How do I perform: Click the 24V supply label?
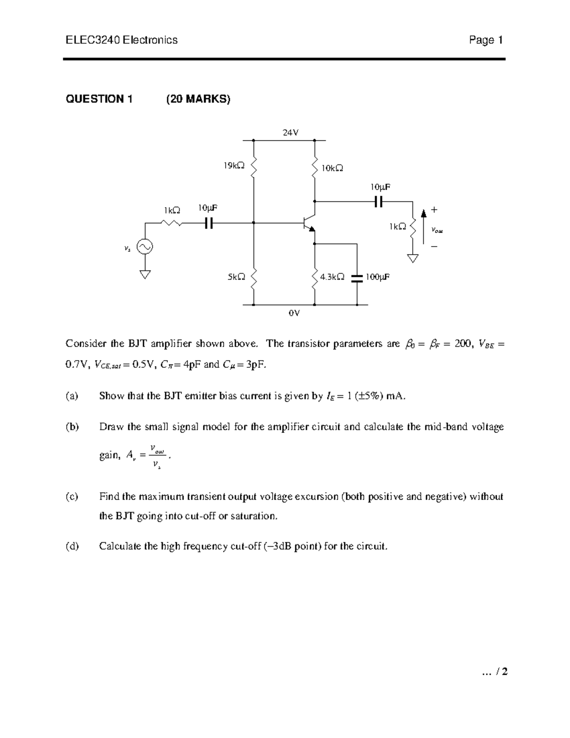coord(290,133)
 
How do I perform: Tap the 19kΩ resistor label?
coord(234,165)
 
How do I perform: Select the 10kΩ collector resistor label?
coord(332,168)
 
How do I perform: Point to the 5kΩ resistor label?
coord(236,277)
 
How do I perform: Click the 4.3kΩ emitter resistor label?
coord(332,277)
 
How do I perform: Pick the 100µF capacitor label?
coord(377,277)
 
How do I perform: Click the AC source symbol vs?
coord(144,246)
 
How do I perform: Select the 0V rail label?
coord(294,313)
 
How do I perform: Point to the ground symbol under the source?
coord(144,274)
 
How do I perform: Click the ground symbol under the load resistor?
coord(413,259)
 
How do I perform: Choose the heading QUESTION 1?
coord(99,99)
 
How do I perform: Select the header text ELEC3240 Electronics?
coord(122,40)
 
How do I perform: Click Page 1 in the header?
coord(485,40)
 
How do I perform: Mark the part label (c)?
coord(72,497)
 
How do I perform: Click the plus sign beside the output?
coord(434,210)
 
